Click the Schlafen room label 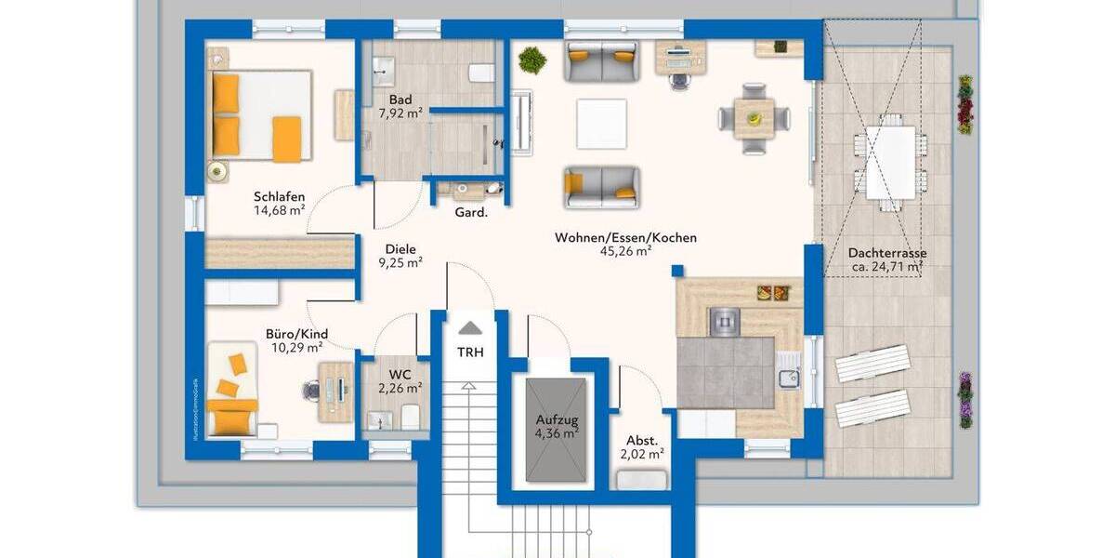click(280, 196)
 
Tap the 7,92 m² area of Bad click(400, 113)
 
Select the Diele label click(400, 249)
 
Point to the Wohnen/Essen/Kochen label click(625, 238)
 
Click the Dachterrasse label click(886, 253)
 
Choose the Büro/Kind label click(296, 334)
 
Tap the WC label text click(400, 374)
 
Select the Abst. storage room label click(642, 440)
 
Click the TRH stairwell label click(470, 352)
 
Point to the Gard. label click(471, 212)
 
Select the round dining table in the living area click(754, 118)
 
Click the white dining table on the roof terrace click(891, 162)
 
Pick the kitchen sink click(790, 377)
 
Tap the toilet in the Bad click(480, 73)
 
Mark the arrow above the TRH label click(470, 327)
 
